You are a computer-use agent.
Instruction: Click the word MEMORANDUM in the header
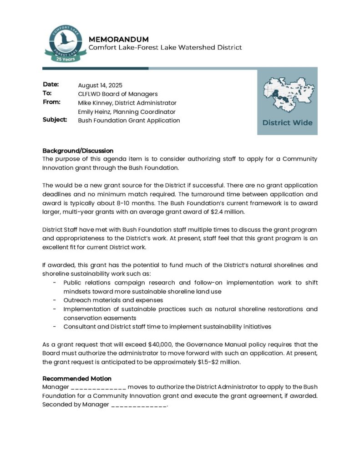(118, 39)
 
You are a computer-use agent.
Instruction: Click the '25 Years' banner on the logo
(63, 59)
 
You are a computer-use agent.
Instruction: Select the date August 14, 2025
(100, 85)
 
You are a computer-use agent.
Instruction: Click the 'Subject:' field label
(55, 120)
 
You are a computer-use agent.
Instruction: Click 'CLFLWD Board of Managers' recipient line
(118, 94)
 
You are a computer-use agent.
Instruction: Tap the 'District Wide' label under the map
(287, 122)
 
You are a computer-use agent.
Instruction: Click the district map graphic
(287, 95)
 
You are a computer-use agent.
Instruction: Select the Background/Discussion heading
(78, 151)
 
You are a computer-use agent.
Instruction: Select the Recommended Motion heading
(77, 379)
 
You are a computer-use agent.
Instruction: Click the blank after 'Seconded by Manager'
(139, 405)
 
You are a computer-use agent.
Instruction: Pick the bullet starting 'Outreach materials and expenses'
(113, 300)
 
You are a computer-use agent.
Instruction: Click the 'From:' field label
(51, 102)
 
